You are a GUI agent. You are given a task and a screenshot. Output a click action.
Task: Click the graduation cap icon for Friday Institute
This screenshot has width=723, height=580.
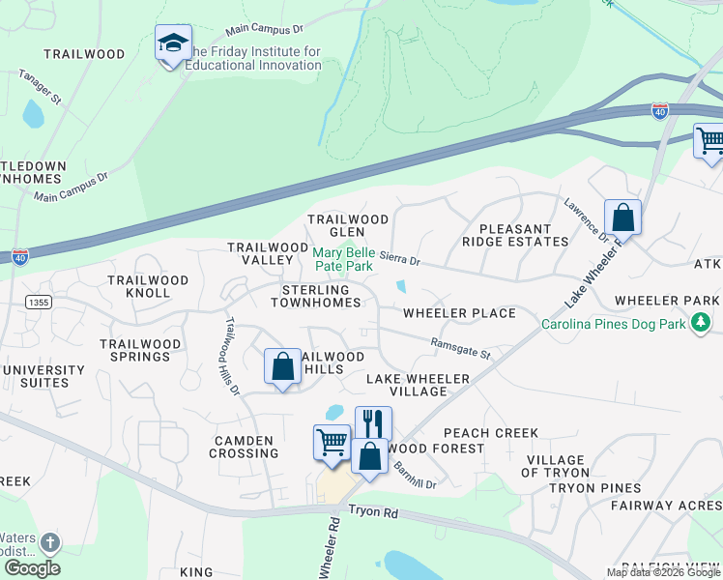pos(173,43)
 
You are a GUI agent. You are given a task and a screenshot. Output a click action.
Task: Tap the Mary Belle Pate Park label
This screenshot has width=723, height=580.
pos(343,258)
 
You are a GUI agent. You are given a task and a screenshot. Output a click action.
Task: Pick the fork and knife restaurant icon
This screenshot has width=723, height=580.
pos(373,423)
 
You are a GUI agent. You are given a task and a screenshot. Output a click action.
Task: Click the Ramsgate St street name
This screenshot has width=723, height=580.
pos(460,348)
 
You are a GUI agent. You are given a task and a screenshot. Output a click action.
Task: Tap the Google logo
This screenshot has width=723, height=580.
pos(32,567)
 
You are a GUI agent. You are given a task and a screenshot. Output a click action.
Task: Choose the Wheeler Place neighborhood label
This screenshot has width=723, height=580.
pos(459,313)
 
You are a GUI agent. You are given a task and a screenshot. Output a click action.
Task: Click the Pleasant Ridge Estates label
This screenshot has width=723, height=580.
pos(515,235)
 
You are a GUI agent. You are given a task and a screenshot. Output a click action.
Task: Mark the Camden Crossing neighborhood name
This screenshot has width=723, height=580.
pos(246,447)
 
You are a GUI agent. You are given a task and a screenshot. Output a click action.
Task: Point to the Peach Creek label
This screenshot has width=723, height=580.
pos(490,433)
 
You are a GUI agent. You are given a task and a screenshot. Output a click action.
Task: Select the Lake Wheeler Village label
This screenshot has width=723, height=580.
pos(418,385)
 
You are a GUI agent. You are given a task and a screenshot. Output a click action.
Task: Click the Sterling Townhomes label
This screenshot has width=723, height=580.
pos(322,296)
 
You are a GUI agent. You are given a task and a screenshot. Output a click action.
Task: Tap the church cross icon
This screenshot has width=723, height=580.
pos(49,543)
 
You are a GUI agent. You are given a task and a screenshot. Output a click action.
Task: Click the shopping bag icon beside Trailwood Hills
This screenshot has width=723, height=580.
pos(282,366)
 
